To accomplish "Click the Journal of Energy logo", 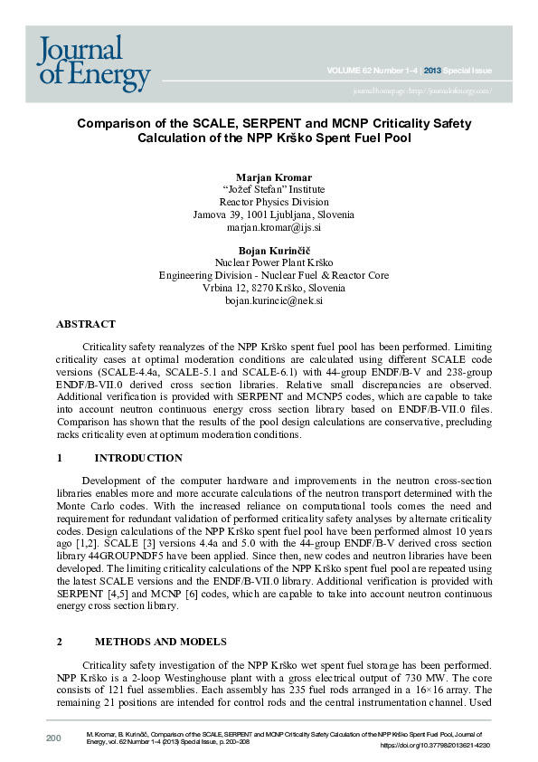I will point(93,63).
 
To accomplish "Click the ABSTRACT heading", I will point(86,324).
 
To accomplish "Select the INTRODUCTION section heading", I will point(138,459).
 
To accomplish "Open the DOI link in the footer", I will point(434,746).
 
